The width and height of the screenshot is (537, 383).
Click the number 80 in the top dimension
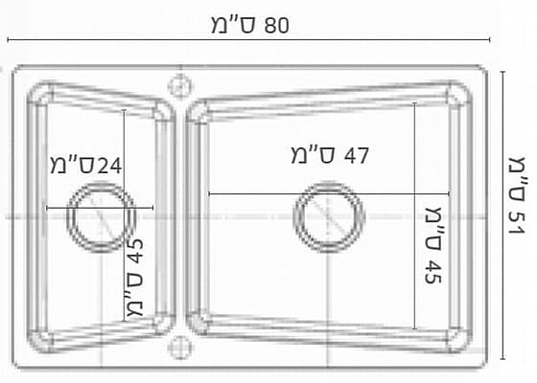[277, 26]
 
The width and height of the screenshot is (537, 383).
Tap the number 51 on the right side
[517, 223]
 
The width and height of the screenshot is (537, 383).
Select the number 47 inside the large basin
[356, 155]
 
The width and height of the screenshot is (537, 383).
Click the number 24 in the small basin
[109, 167]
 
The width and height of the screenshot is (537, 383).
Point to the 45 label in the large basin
[432, 272]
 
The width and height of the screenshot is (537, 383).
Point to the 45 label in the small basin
[136, 251]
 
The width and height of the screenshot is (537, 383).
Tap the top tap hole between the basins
[180, 86]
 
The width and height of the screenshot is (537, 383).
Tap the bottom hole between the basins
[180, 347]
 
